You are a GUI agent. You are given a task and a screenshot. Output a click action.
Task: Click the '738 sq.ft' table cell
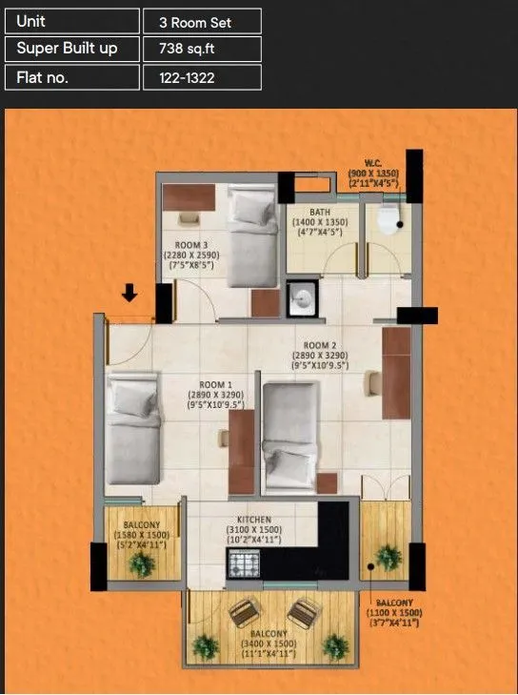coord(202,49)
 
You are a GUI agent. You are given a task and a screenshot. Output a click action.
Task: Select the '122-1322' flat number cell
coord(202,77)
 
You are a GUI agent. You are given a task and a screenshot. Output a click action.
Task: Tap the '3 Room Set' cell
coord(202,21)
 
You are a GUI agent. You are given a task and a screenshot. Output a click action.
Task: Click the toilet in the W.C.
coord(389,222)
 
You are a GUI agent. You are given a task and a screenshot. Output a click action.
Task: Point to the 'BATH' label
coord(319,212)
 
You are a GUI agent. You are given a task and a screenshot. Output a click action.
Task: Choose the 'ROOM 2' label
coord(319,344)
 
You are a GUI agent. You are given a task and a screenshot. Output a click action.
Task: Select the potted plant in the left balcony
coord(142,565)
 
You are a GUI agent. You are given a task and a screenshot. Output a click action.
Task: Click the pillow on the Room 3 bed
coord(250,206)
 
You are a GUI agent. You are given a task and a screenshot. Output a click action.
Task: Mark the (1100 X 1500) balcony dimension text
coord(393,613)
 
